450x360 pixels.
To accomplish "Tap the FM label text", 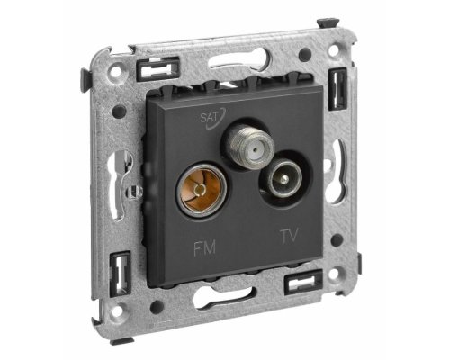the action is [204, 248].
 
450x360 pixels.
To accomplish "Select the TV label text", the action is [290, 236].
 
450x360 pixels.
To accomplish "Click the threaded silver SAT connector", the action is [248, 146].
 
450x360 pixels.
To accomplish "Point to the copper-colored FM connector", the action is [202, 191].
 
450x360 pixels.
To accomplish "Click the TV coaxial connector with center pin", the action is [281, 178].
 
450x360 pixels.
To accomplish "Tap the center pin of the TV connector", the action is [283, 179].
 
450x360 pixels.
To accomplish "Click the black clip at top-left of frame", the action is [158, 69].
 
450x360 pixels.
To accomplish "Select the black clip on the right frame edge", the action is [337, 89].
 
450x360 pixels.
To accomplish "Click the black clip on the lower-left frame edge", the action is [120, 274].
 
